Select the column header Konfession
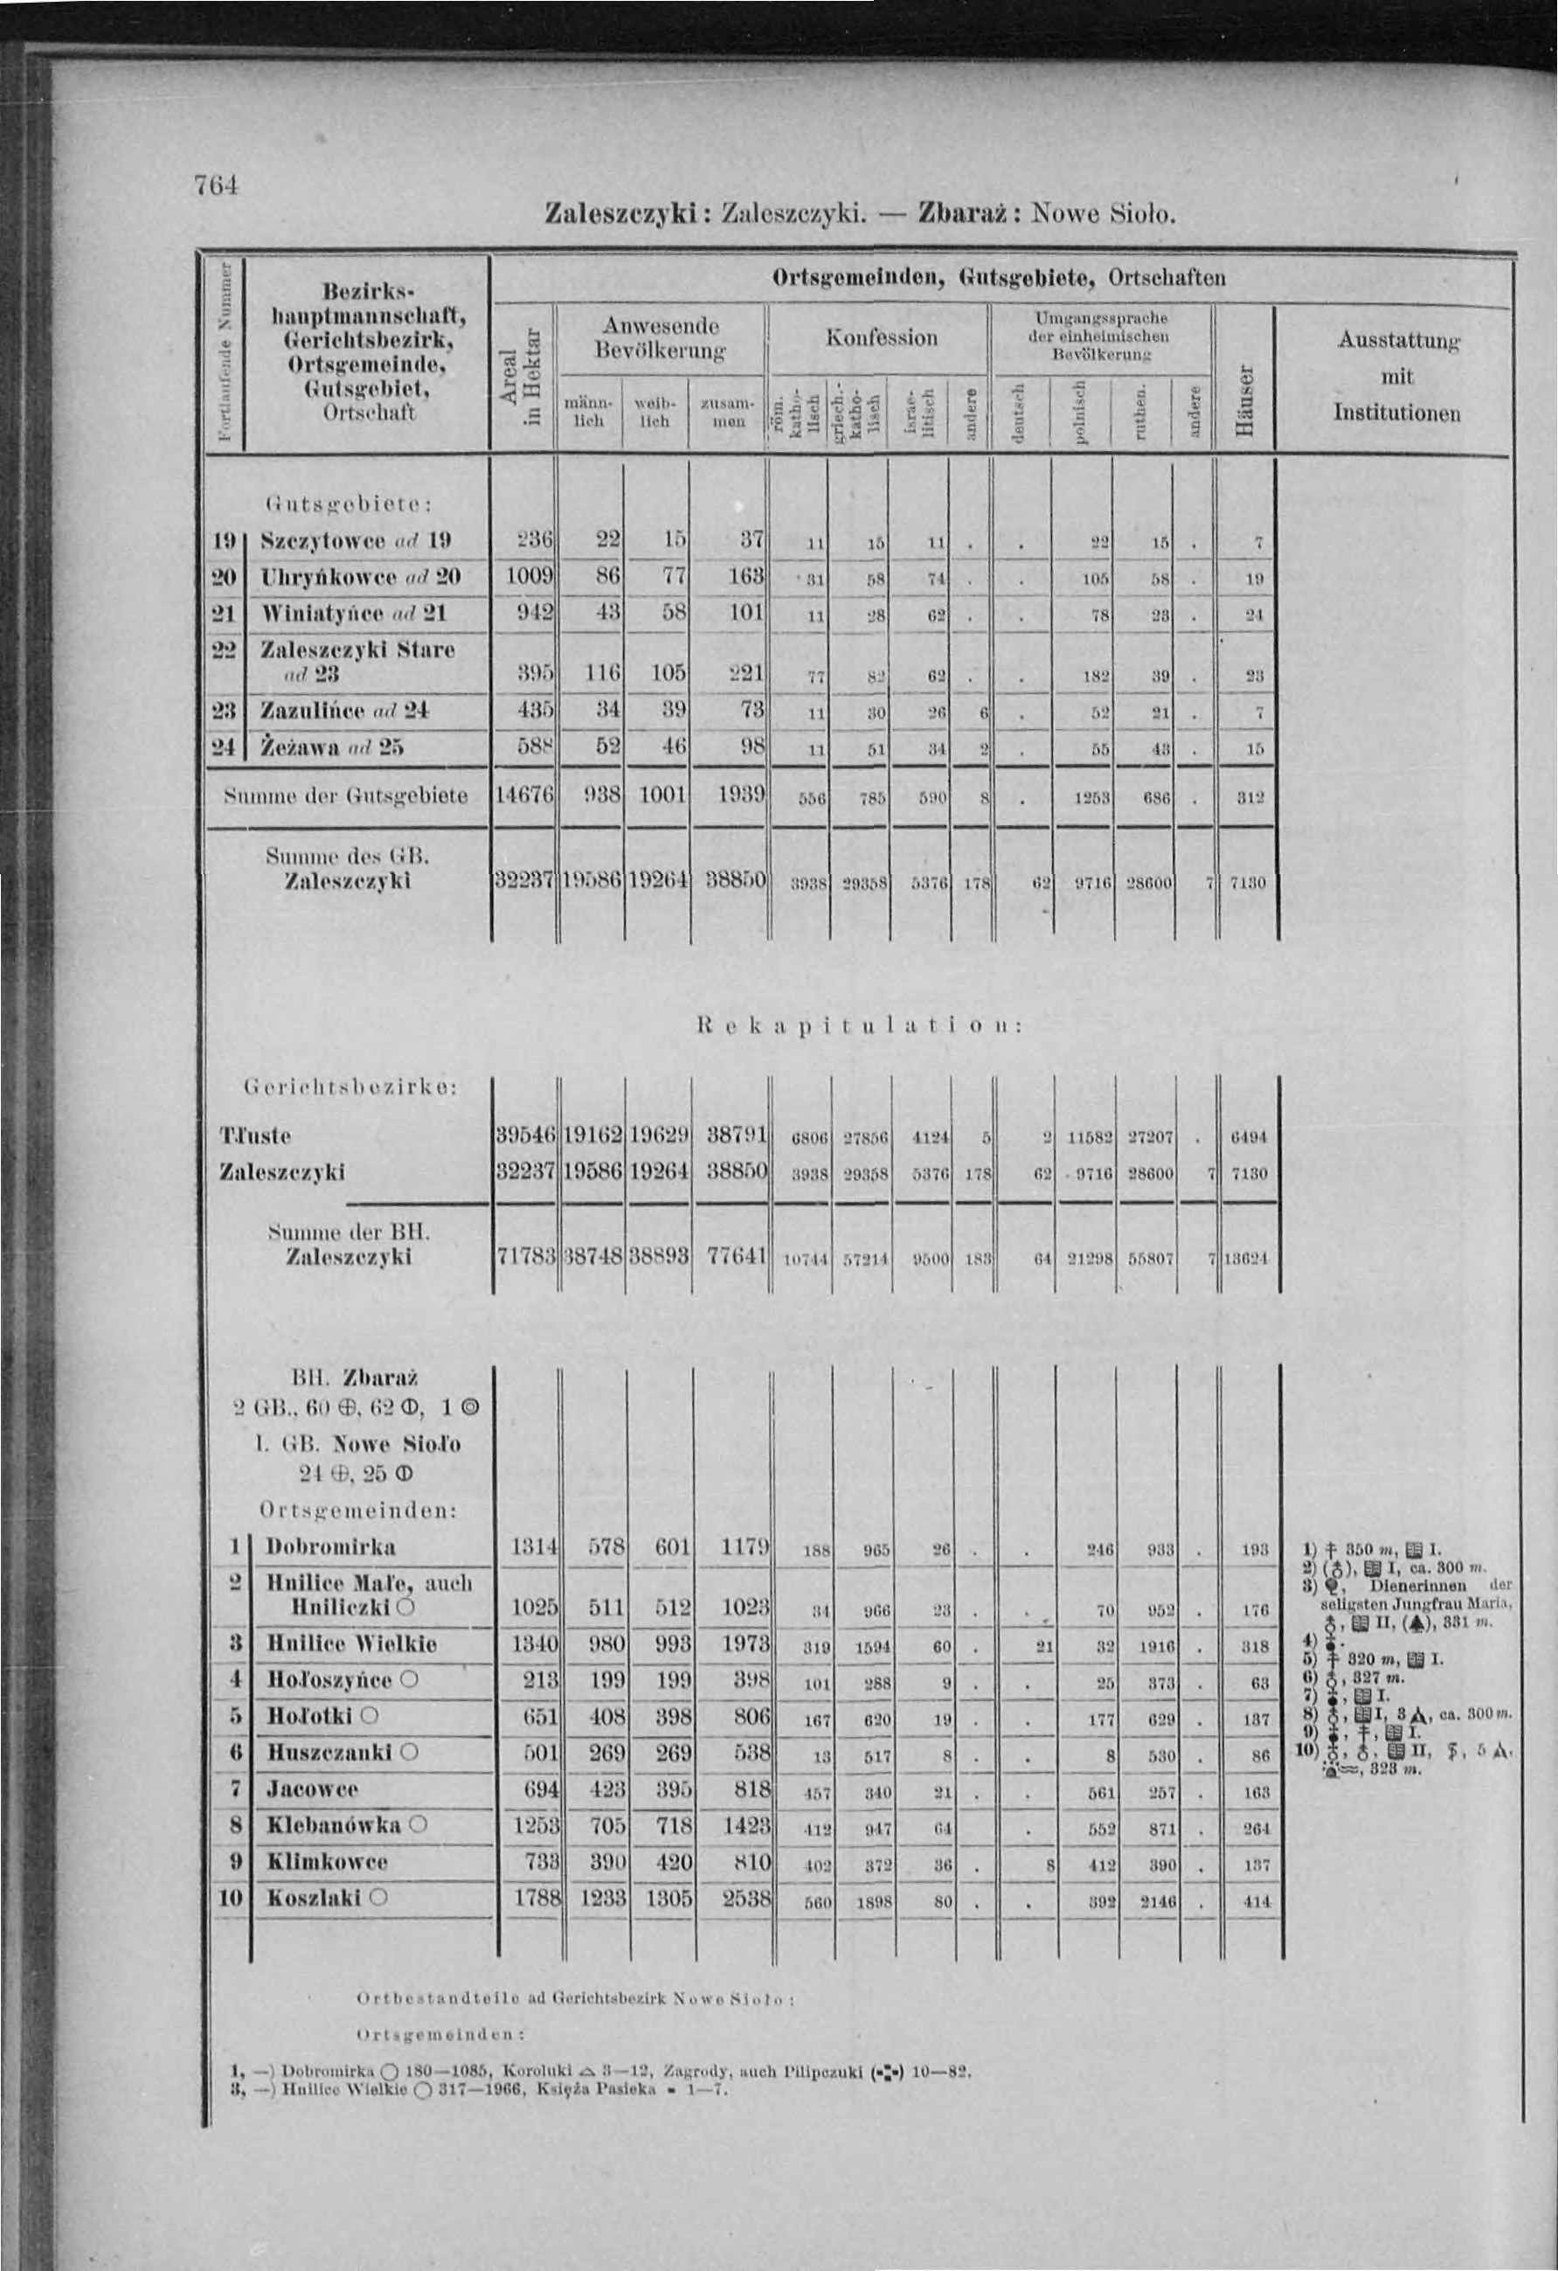pyautogui.click(x=881, y=338)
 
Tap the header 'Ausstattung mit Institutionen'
pyautogui.click(x=1397, y=378)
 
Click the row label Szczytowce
pyautogui.click(x=326, y=540)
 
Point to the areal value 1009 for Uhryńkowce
pyautogui.click(x=528, y=577)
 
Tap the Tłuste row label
pyautogui.click(x=256, y=1135)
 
